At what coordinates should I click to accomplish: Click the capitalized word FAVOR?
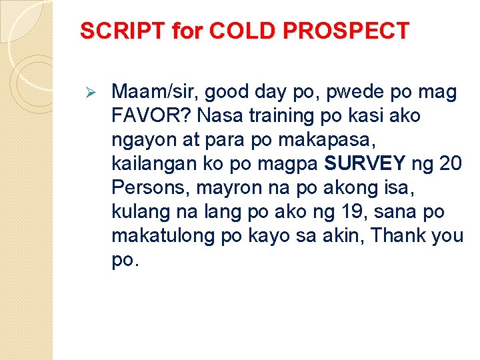coord(149,115)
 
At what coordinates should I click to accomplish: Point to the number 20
coord(450,164)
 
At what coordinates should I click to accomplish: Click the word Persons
coord(151,188)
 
